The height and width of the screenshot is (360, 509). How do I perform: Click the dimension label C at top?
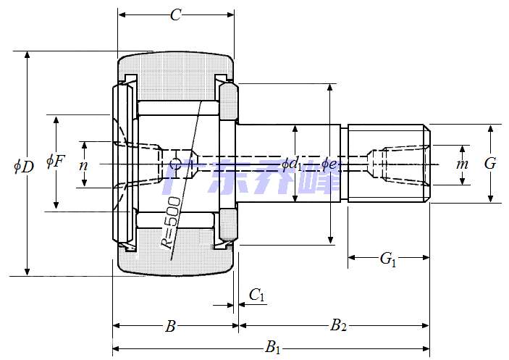(174, 15)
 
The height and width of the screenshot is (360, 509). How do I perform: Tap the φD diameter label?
(23, 166)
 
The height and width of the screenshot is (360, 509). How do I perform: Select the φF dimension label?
(55, 161)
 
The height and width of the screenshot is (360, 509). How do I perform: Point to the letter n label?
(83, 164)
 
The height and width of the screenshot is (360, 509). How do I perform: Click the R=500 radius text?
(172, 221)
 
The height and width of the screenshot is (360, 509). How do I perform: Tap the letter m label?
(462, 164)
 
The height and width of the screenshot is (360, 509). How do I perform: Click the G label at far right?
(490, 164)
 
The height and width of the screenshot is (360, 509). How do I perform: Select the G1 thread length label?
(388, 259)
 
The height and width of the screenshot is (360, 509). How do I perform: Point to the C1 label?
(257, 294)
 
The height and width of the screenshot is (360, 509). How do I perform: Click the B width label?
(170, 327)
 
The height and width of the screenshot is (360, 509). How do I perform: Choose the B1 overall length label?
(273, 348)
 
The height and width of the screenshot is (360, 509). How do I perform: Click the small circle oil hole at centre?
(174, 164)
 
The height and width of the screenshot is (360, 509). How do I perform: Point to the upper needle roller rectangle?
(179, 107)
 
